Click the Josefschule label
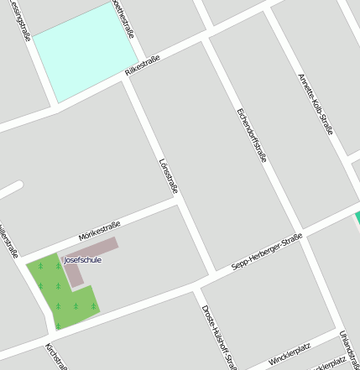82,260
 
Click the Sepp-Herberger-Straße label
266,253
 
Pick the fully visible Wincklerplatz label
290,354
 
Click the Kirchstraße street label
55,356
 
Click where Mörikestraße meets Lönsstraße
178,200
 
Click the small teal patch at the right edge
357,217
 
